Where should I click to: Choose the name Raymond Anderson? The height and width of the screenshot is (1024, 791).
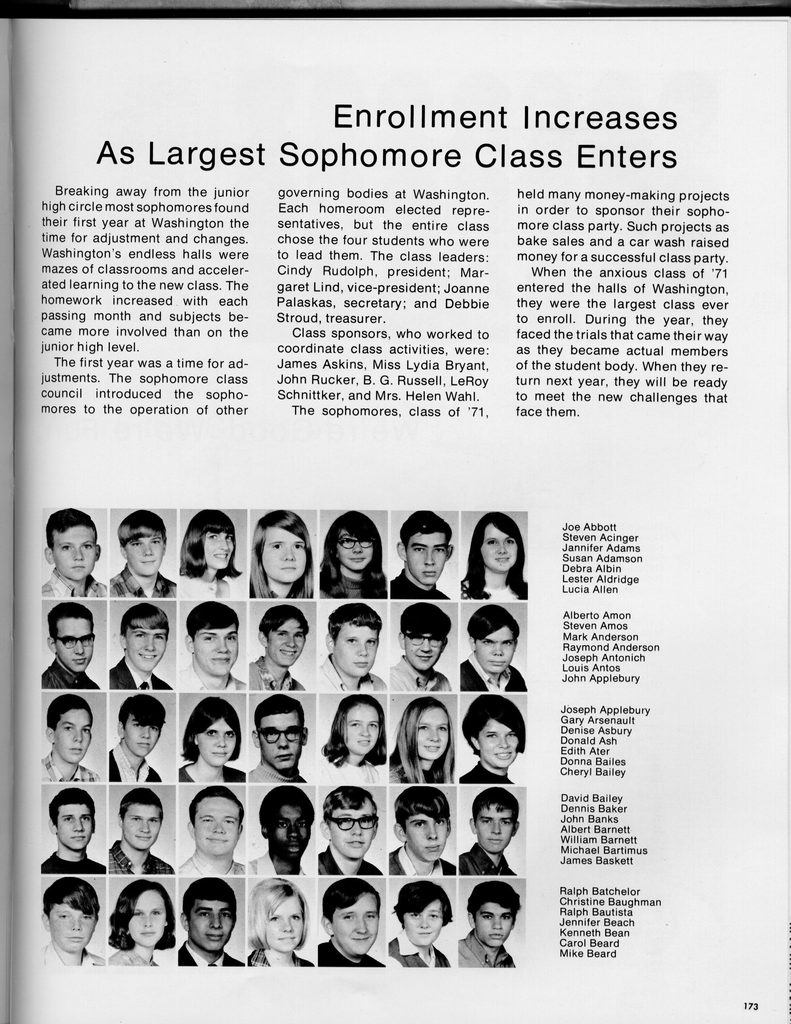[611, 648]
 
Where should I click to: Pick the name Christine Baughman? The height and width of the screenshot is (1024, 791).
[610, 902]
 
